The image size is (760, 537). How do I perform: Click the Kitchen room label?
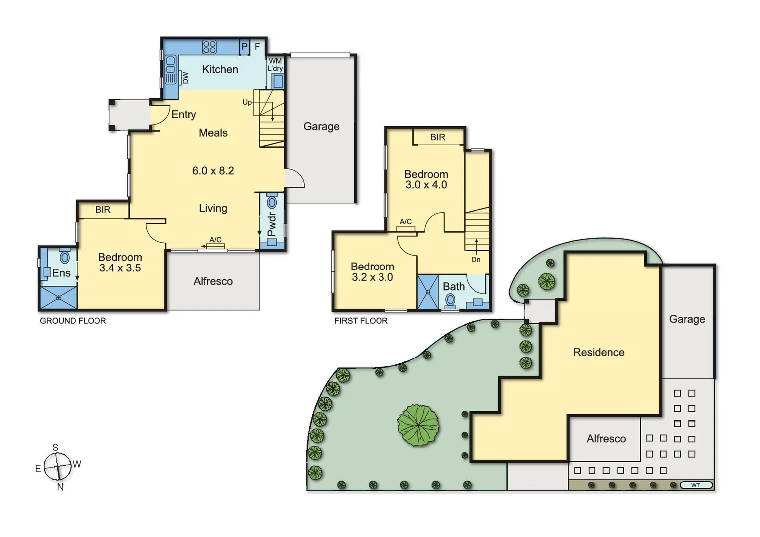[x=220, y=69]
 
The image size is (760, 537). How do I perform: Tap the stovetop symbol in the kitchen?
[x=209, y=47]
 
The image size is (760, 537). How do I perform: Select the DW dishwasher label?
[x=185, y=78]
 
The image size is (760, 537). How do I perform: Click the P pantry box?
[x=244, y=47]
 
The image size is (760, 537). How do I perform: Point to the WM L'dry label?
[x=275, y=65]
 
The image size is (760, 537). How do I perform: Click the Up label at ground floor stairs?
[x=247, y=102]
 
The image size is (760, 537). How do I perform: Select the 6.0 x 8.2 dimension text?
[x=213, y=171]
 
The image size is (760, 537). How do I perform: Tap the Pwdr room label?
[x=272, y=224]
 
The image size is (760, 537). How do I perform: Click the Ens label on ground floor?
[x=61, y=273]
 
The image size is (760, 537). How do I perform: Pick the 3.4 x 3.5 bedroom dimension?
[x=120, y=268]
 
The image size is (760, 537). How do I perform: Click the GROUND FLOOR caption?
[x=73, y=321]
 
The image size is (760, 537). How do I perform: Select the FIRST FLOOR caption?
[x=361, y=321]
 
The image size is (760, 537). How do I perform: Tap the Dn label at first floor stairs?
[x=476, y=260]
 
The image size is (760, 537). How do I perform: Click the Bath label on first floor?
[x=454, y=287]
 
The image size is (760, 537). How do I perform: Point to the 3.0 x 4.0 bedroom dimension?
[x=426, y=185]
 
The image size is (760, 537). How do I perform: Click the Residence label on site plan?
[x=598, y=352]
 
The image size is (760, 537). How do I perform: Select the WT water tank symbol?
[x=695, y=485]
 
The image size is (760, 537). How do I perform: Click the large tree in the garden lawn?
[x=418, y=425]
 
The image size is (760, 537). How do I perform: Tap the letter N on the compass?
[x=60, y=487]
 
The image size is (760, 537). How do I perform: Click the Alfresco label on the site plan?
[x=606, y=439]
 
